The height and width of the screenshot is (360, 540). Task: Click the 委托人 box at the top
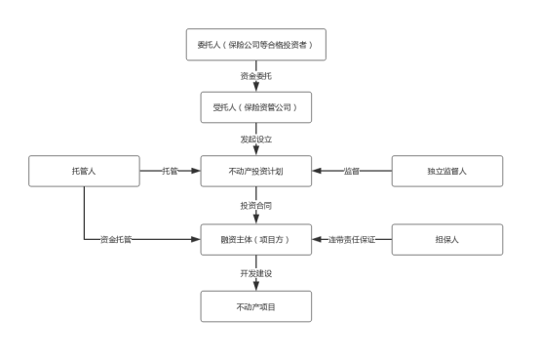coord(255,45)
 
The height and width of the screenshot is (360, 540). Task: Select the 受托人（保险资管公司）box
coord(255,107)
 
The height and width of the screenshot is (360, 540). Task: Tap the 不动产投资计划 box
coord(255,171)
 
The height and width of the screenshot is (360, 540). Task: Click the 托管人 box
coord(84,171)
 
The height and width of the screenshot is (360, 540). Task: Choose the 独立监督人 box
coord(446,171)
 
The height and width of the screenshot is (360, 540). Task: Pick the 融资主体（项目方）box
coord(255,239)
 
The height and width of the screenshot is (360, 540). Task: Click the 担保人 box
coord(446,239)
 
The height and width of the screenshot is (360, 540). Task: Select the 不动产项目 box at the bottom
coord(255,306)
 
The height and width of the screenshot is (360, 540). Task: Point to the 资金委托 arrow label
coord(255,75)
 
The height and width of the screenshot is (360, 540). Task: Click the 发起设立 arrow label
coord(255,140)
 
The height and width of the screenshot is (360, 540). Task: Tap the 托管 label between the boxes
coord(170,171)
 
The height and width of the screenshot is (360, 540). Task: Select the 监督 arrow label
coord(351,171)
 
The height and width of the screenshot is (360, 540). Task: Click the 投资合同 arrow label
coord(255,206)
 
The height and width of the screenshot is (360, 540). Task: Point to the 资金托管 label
coord(116,239)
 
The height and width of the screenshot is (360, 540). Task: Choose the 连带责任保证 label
coord(352,239)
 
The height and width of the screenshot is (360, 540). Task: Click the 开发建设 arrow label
coord(255,273)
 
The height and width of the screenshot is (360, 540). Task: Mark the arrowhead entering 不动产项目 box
coord(256,286)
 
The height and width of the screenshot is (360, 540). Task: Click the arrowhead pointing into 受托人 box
coord(256,87)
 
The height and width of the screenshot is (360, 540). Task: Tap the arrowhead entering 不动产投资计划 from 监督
coord(318,171)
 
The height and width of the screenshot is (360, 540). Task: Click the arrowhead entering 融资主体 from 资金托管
coord(195,239)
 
